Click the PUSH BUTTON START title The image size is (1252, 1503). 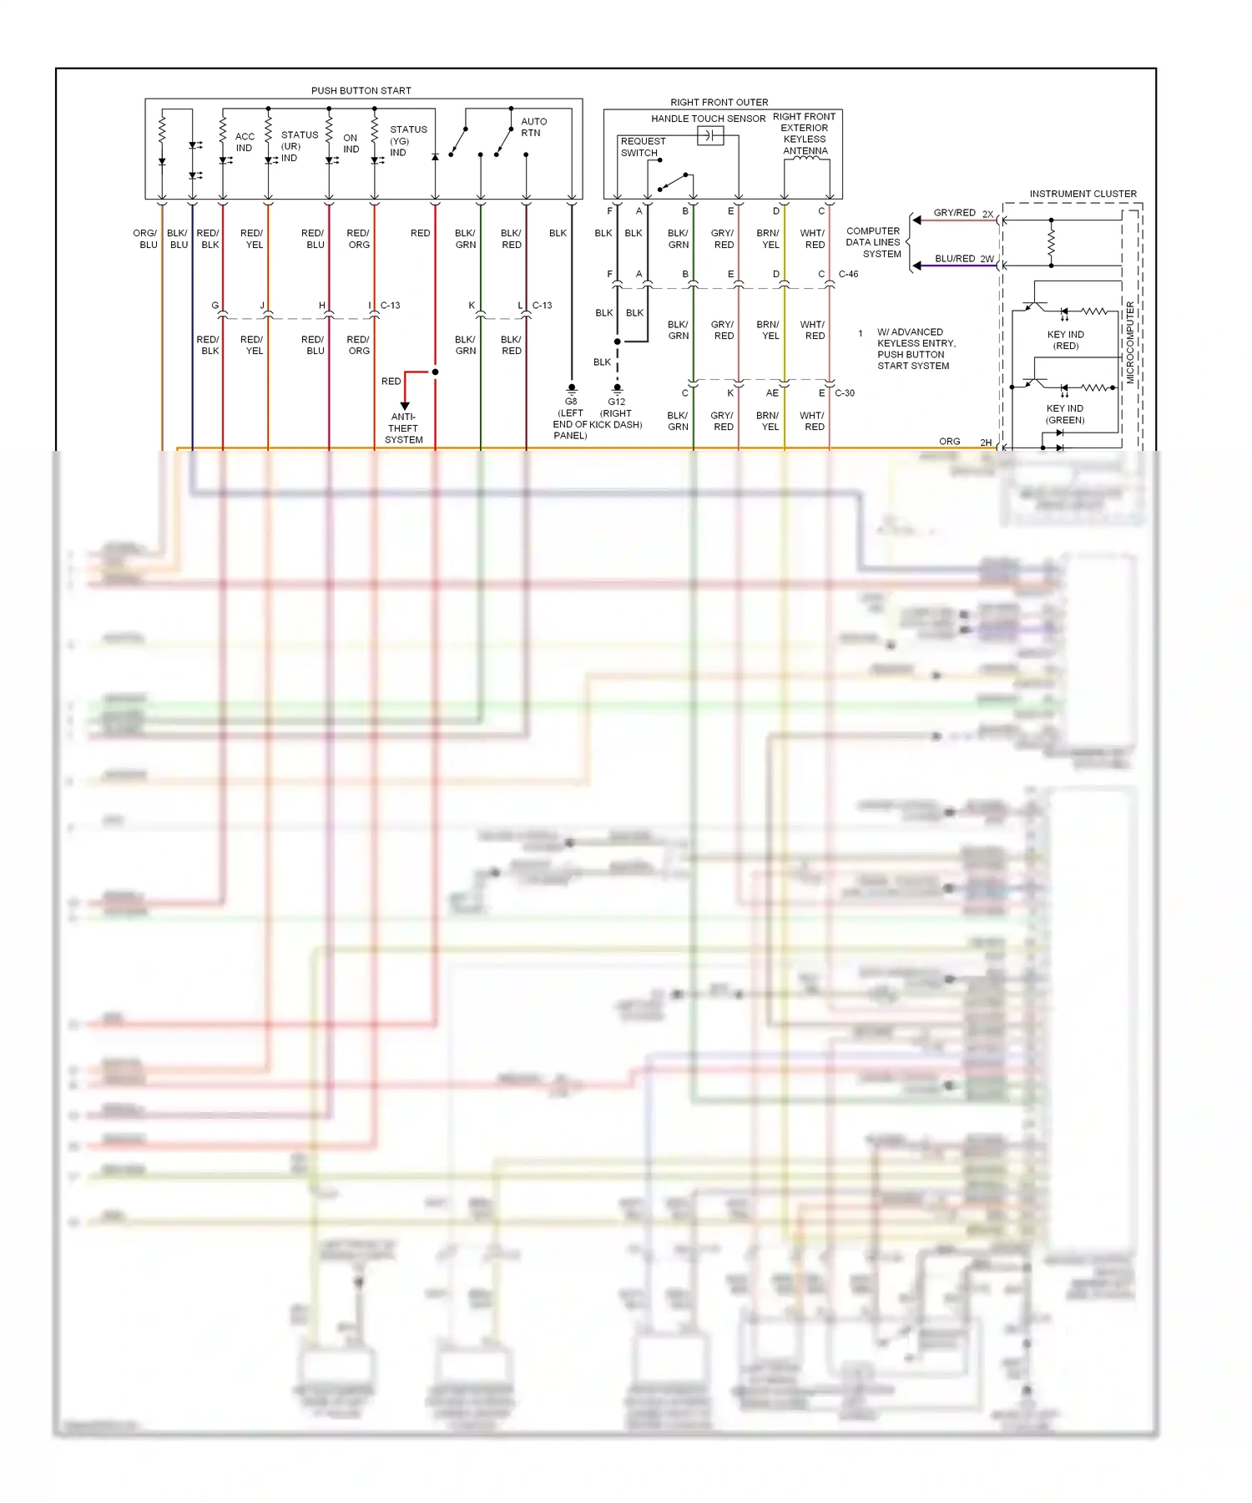pyautogui.click(x=361, y=90)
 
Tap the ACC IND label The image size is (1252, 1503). pyautogui.click(x=245, y=142)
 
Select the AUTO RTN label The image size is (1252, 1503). pyautogui.click(x=533, y=127)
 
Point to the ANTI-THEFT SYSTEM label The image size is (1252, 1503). pyautogui.click(x=404, y=428)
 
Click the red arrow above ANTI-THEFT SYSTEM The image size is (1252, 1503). pyautogui.click(x=405, y=405)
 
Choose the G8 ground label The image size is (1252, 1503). pyautogui.click(x=571, y=402)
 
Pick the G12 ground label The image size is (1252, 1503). pyautogui.click(x=617, y=402)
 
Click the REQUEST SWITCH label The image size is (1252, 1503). pyautogui.click(x=643, y=147)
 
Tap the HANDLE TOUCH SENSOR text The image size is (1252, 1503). pyautogui.click(x=708, y=119)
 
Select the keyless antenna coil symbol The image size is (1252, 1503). pyautogui.click(x=805, y=159)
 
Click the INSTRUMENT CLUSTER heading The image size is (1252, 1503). pyautogui.click(x=1083, y=194)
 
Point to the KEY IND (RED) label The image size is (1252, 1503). pyautogui.click(x=1066, y=340)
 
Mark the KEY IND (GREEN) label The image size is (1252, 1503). pyautogui.click(x=1065, y=414)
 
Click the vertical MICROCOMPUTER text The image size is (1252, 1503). pyautogui.click(x=1130, y=342)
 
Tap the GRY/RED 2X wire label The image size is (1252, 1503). pyautogui.click(x=963, y=213)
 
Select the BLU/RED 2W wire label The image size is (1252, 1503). pyautogui.click(x=964, y=259)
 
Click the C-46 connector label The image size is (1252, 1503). pyautogui.click(x=848, y=274)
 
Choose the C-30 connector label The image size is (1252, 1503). pyautogui.click(x=845, y=392)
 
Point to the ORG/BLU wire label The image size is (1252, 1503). pyautogui.click(x=145, y=239)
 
